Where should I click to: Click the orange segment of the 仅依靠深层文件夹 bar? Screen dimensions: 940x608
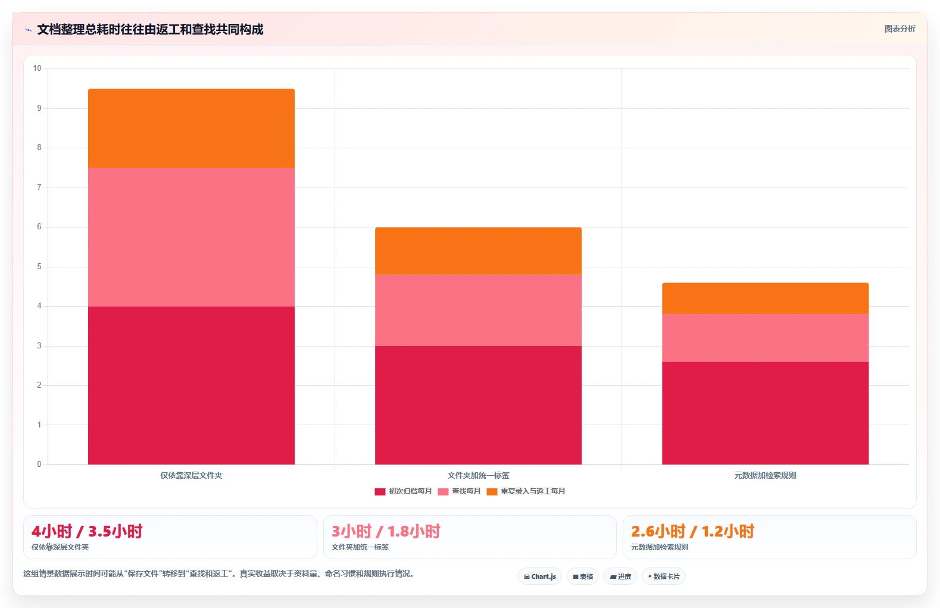click(191, 129)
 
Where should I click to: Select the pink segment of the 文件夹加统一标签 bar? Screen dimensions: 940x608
click(479, 310)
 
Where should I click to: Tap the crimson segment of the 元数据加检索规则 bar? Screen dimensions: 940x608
click(766, 413)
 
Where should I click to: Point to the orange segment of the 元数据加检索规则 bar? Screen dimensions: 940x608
click(766, 298)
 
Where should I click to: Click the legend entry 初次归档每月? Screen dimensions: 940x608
click(403, 491)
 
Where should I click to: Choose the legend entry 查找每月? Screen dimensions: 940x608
click(459, 491)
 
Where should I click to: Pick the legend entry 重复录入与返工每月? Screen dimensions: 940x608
click(526, 491)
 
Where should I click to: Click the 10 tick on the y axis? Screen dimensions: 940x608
click(38, 68)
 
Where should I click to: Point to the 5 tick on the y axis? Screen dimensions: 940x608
click(39, 267)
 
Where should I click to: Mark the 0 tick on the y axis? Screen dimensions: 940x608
click(39, 464)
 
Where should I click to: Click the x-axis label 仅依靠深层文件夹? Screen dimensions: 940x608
click(191, 475)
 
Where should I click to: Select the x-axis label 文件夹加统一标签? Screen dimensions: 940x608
click(479, 475)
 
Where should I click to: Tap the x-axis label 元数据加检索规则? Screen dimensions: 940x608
click(766, 475)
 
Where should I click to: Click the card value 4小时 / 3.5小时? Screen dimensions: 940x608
click(87, 532)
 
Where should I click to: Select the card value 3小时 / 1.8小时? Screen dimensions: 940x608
click(386, 532)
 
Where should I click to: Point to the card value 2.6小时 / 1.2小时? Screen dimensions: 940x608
click(693, 532)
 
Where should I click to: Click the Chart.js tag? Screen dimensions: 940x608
click(540, 576)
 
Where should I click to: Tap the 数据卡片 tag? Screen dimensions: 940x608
click(664, 576)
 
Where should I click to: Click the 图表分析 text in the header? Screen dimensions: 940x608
click(900, 29)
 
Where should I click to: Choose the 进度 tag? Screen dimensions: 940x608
click(620, 576)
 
